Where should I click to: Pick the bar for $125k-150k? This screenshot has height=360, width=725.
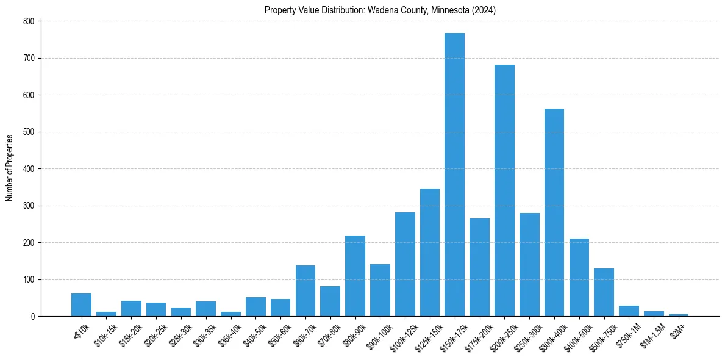tap(429, 253)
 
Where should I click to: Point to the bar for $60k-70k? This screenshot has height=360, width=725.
tap(305, 291)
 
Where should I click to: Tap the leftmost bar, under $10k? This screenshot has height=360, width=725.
tap(81, 305)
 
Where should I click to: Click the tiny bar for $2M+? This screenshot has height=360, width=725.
tap(678, 315)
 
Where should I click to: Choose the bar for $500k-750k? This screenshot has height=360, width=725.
tap(604, 292)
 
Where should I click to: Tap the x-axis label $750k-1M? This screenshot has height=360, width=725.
tap(628, 333)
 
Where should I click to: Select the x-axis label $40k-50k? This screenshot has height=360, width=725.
tap(255, 333)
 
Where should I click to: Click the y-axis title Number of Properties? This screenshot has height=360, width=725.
tap(9, 168)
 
